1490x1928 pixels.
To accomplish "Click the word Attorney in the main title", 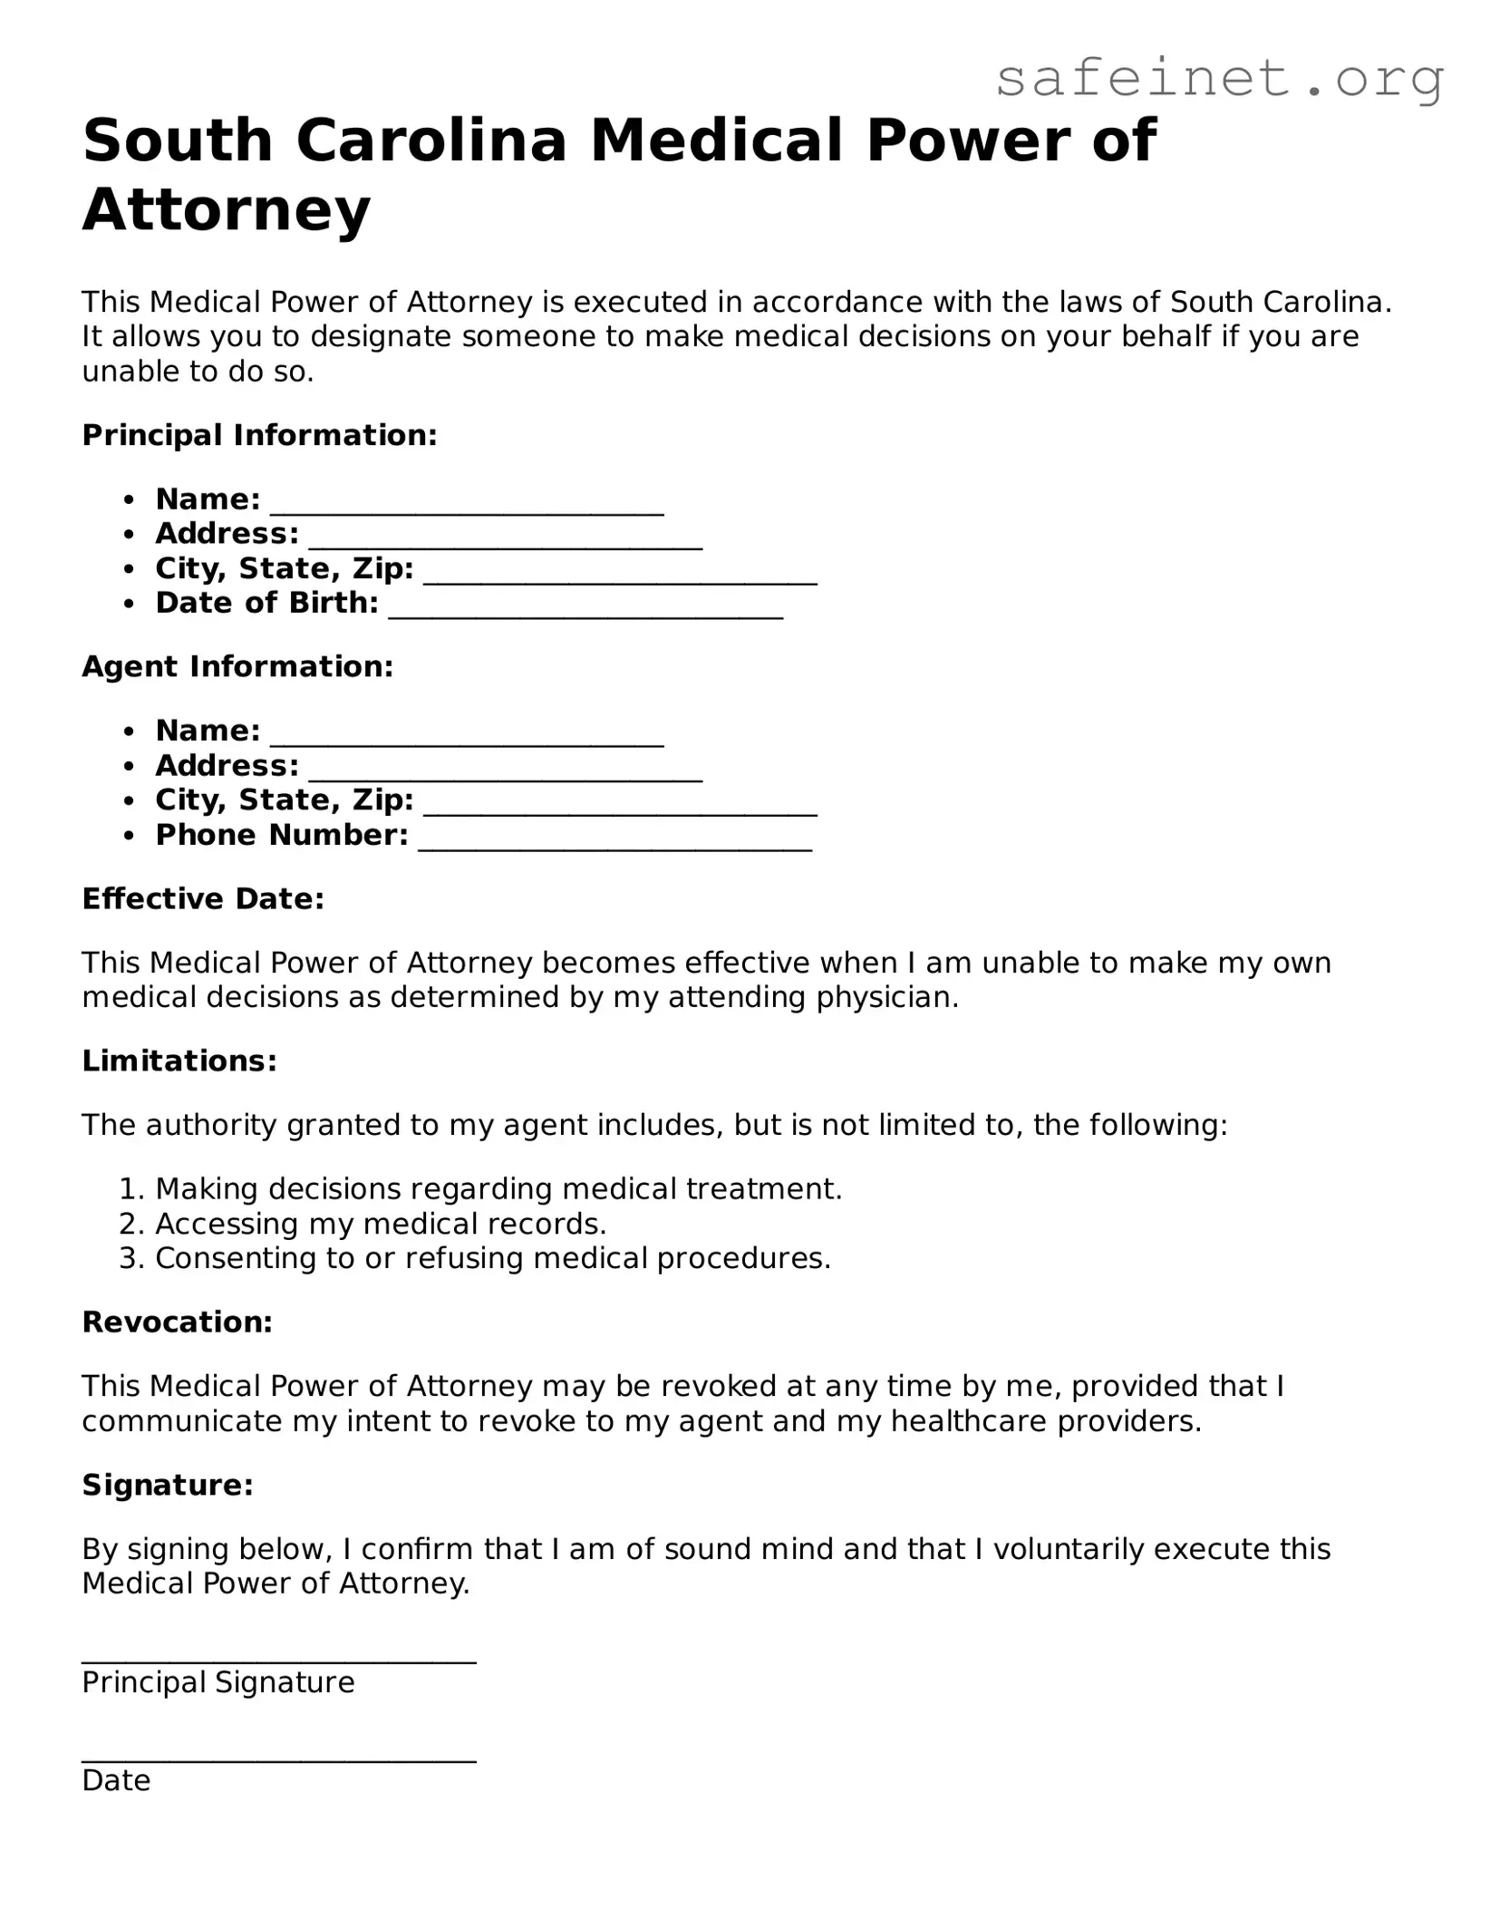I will click(227, 209).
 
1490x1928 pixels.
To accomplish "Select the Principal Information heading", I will click(260, 435).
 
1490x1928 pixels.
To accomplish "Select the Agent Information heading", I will click(237, 666).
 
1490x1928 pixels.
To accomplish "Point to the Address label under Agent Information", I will click(227, 765).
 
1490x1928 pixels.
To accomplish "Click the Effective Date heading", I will click(203, 898).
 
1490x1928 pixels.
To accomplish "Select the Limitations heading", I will click(179, 1061).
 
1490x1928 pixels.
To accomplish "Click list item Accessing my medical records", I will click(381, 1224).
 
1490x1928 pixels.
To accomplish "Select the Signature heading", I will click(168, 1485).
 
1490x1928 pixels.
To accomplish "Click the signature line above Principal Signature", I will click(279, 1655).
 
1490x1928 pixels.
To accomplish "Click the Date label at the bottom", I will click(116, 1780).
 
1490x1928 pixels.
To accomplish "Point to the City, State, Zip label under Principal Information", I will click(285, 568).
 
